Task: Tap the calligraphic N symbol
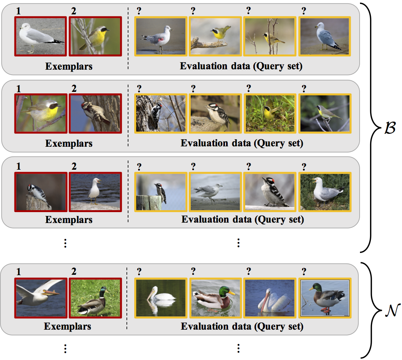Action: coord(390,310)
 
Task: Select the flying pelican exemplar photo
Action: coord(40,298)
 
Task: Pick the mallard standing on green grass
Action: coord(95,298)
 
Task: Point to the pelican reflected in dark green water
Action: coord(160,298)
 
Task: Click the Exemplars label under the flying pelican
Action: coord(67,326)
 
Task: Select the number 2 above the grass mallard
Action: coord(74,271)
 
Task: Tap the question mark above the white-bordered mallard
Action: coord(304,271)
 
